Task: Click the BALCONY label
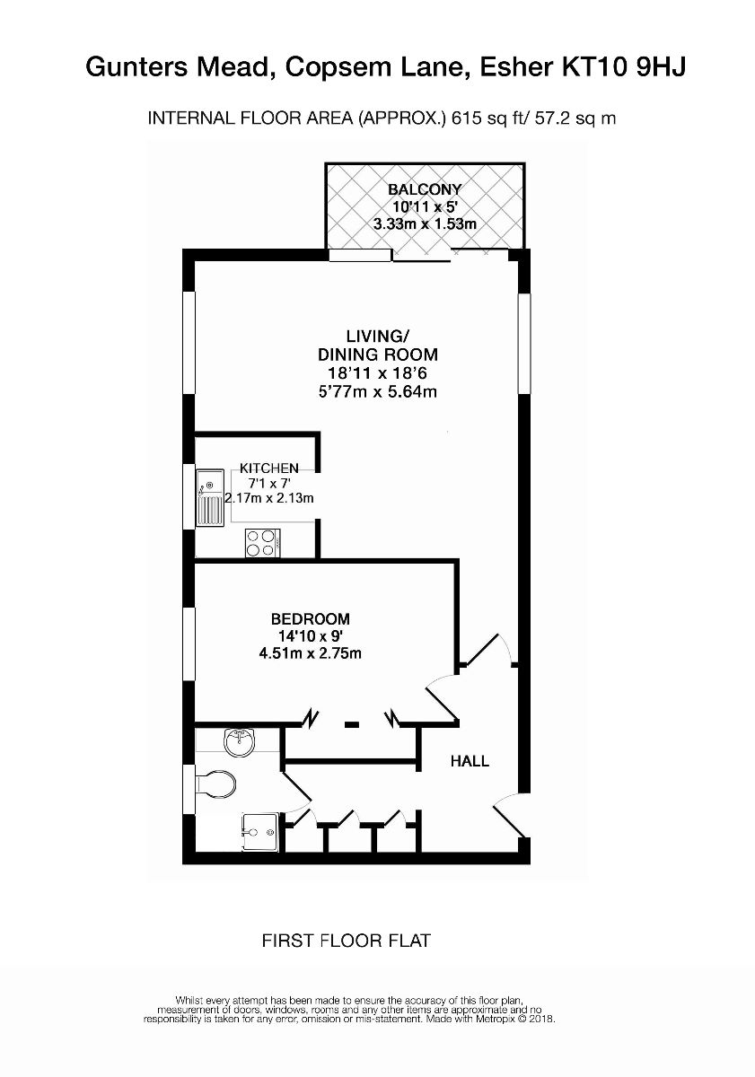pos(424,189)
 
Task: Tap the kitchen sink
pos(210,499)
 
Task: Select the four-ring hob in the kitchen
pos(261,541)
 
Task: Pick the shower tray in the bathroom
pos(260,832)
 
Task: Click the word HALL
pos(470,761)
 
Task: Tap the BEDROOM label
pos(310,619)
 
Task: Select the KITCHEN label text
pos(268,468)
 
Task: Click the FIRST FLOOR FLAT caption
pos(347,941)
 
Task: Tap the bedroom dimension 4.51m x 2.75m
pos(310,653)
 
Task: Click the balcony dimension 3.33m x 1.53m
pos(424,223)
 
